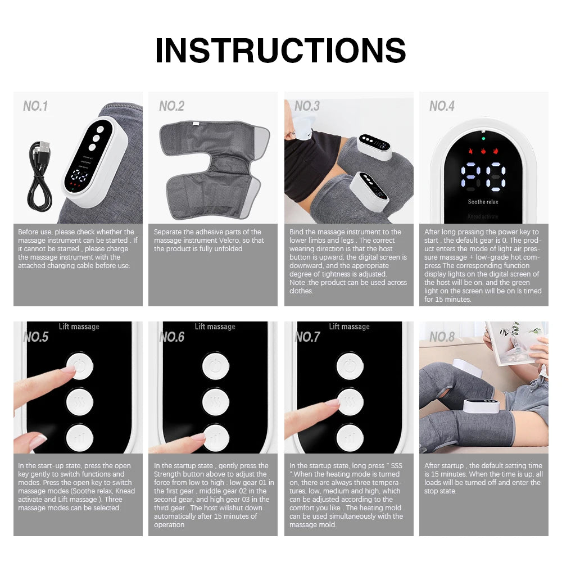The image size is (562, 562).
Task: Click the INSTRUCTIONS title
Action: pyautogui.click(x=280, y=51)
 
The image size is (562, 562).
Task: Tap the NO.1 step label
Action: pyautogui.click(x=35, y=106)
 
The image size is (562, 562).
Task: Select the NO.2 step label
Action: pyautogui.click(x=171, y=106)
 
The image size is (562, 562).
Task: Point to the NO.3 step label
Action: pyautogui.click(x=307, y=106)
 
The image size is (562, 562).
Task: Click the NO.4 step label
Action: pyautogui.click(x=442, y=106)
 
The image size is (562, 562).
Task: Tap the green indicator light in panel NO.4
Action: pyautogui.click(x=483, y=138)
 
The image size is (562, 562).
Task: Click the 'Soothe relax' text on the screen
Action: pyautogui.click(x=483, y=202)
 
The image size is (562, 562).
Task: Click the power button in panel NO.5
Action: pyautogui.click(x=79, y=367)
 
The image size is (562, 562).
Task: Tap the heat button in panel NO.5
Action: pyautogui.click(x=79, y=401)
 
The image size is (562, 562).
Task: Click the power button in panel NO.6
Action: pyautogui.click(x=216, y=367)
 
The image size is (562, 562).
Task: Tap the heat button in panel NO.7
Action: pyautogui.click(x=350, y=401)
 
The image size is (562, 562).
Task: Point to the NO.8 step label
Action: pyautogui.click(x=442, y=337)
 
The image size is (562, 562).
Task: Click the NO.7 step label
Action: pyautogui.click(x=307, y=337)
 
